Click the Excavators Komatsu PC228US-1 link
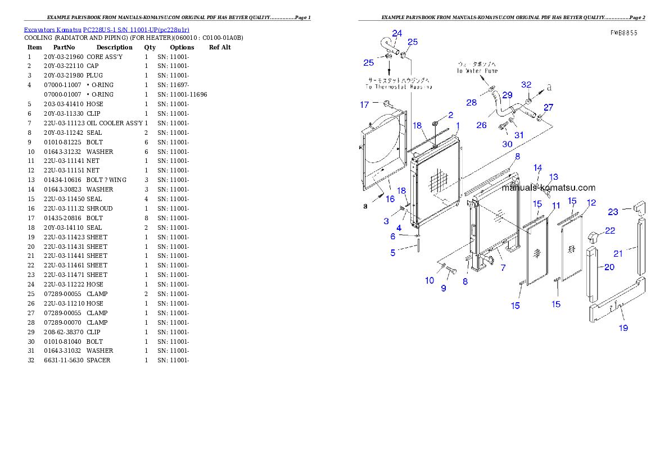[106, 30]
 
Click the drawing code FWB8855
[624, 33]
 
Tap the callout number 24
[397, 34]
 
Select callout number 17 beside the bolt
[365, 104]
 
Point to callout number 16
[390, 199]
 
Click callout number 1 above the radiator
[458, 125]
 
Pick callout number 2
[451, 115]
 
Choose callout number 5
[393, 253]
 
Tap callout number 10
[430, 280]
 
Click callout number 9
[444, 288]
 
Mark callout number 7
[503, 268]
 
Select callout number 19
[623, 328]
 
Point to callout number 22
[610, 231]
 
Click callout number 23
[613, 212]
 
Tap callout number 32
[526, 85]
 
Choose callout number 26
[482, 125]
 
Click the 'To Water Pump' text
[477, 71]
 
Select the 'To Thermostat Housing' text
[399, 87]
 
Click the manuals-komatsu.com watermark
[548, 188]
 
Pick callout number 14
[538, 168]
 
